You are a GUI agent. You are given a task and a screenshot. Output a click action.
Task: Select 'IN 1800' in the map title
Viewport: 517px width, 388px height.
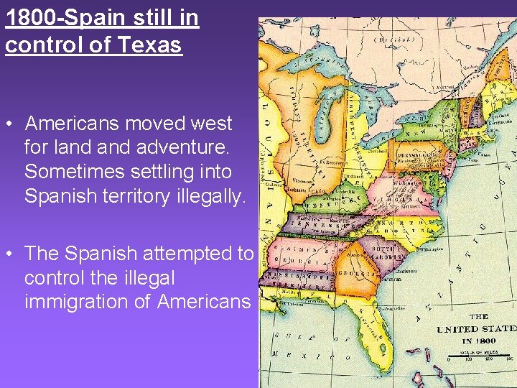click(478, 341)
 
